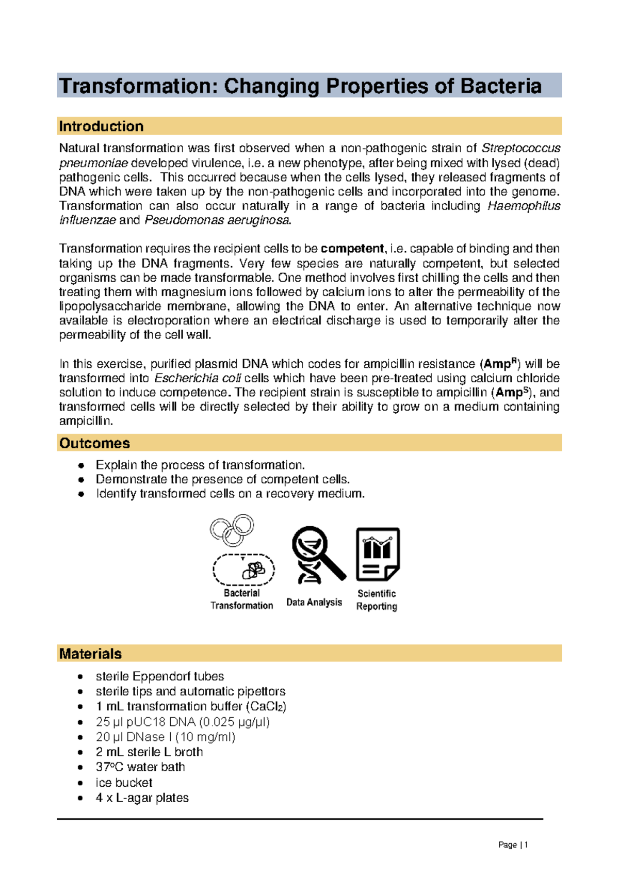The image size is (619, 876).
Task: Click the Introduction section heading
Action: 101,126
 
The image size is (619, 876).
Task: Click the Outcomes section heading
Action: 94,443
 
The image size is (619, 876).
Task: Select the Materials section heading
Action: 90,654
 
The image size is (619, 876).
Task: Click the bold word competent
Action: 352,249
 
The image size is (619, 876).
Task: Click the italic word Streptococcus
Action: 520,149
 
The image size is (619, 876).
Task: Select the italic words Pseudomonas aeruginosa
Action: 217,220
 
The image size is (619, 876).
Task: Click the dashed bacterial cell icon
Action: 243,570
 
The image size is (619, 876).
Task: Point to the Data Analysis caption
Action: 314,603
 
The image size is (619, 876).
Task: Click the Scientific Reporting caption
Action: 377,600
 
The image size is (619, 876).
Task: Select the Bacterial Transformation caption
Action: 241,599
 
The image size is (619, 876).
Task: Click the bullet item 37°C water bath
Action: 140,767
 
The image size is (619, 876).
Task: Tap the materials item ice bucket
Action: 124,783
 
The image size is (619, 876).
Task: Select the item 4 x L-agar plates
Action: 142,798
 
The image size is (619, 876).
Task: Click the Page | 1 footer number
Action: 513,845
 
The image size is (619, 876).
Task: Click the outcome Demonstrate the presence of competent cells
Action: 223,479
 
